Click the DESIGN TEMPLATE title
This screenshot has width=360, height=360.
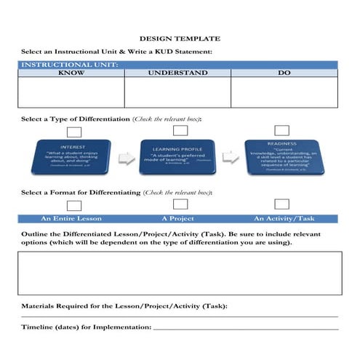[x=180, y=38]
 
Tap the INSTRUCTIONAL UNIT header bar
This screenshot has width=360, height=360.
[x=180, y=65]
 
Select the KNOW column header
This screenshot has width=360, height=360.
[x=71, y=73]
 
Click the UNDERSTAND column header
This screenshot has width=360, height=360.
[x=177, y=73]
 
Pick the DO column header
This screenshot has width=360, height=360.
[x=284, y=73]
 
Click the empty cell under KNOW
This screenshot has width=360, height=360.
[x=71, y=92]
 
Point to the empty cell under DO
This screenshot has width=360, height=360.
[x=284, y=92]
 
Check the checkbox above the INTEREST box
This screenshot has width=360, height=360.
[x=73, y=132]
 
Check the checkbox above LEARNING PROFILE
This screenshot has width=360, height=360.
[x=180, y=130]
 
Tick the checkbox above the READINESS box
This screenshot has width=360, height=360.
[x=281, y=130]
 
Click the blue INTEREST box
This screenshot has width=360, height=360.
[x=72, y=158]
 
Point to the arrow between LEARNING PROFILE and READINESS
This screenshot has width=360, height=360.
[x=231, y=157]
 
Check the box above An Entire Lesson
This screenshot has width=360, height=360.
[x=73, y=206]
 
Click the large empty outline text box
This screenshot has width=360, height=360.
[x=180, y=273]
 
